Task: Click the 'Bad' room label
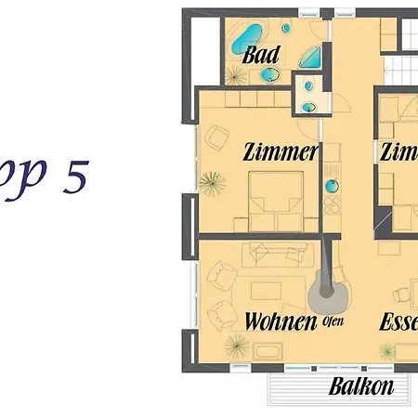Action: pyautogui.click(x=260, y=56)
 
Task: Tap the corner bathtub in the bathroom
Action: pyautogui.click(x=245, y=38)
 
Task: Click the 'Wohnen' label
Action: pyautogui.click(x=277, y=321)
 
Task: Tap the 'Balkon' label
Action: pyautogui.click(x=361, y=387)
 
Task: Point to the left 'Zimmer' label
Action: pyautogui.click(x=281, y=151)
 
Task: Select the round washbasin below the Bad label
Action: pyautogui.click(x=268, y=74)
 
